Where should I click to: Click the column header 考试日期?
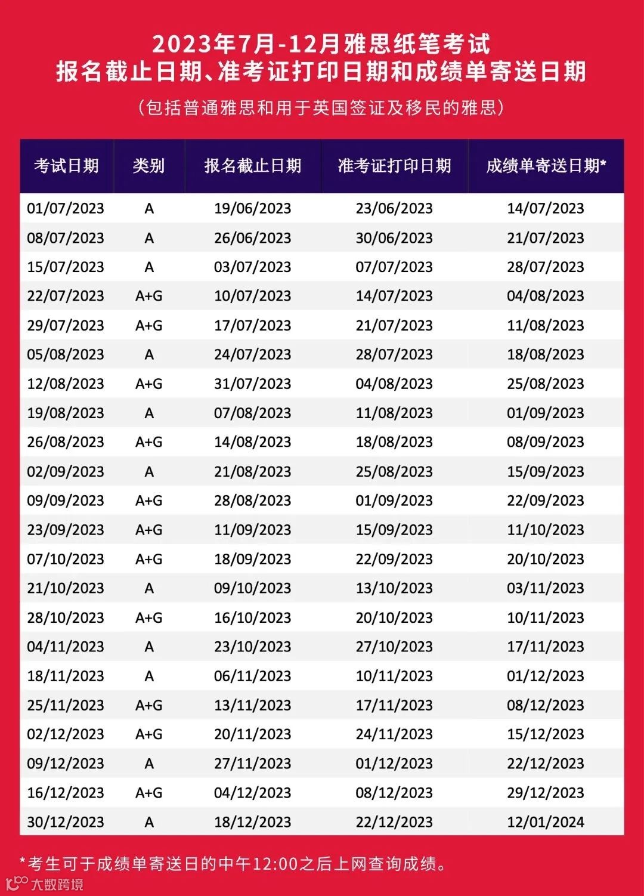click(x=66, y=165)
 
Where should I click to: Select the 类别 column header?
click(x=149, y=165)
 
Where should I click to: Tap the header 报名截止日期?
click(x=253, y=165)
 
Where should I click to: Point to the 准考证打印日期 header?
click(x=394, y=165)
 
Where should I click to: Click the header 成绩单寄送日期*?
click(x=546, y=165)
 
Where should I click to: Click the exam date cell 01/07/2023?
click(x=66, y=208)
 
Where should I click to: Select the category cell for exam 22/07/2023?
click(x=149, y=296)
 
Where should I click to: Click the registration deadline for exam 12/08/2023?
click(x=253, y=384)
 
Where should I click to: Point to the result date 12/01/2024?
click(x=546, y=822)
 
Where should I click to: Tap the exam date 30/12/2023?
click(x=66, y=822)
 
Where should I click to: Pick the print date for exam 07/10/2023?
click(x=394, y=559)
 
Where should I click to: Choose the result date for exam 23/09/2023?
click(x=546, y=530)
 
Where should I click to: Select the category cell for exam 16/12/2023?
click(x=149, y=793)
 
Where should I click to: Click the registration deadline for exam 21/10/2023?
click(x=253, y=588)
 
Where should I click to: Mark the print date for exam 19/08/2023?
click(x=394, y=413)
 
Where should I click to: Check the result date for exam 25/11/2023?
click(x=546, y=705)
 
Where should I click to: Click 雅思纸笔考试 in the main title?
click(x=417, y=44)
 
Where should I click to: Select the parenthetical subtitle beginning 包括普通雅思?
click(x=322, y=107)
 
